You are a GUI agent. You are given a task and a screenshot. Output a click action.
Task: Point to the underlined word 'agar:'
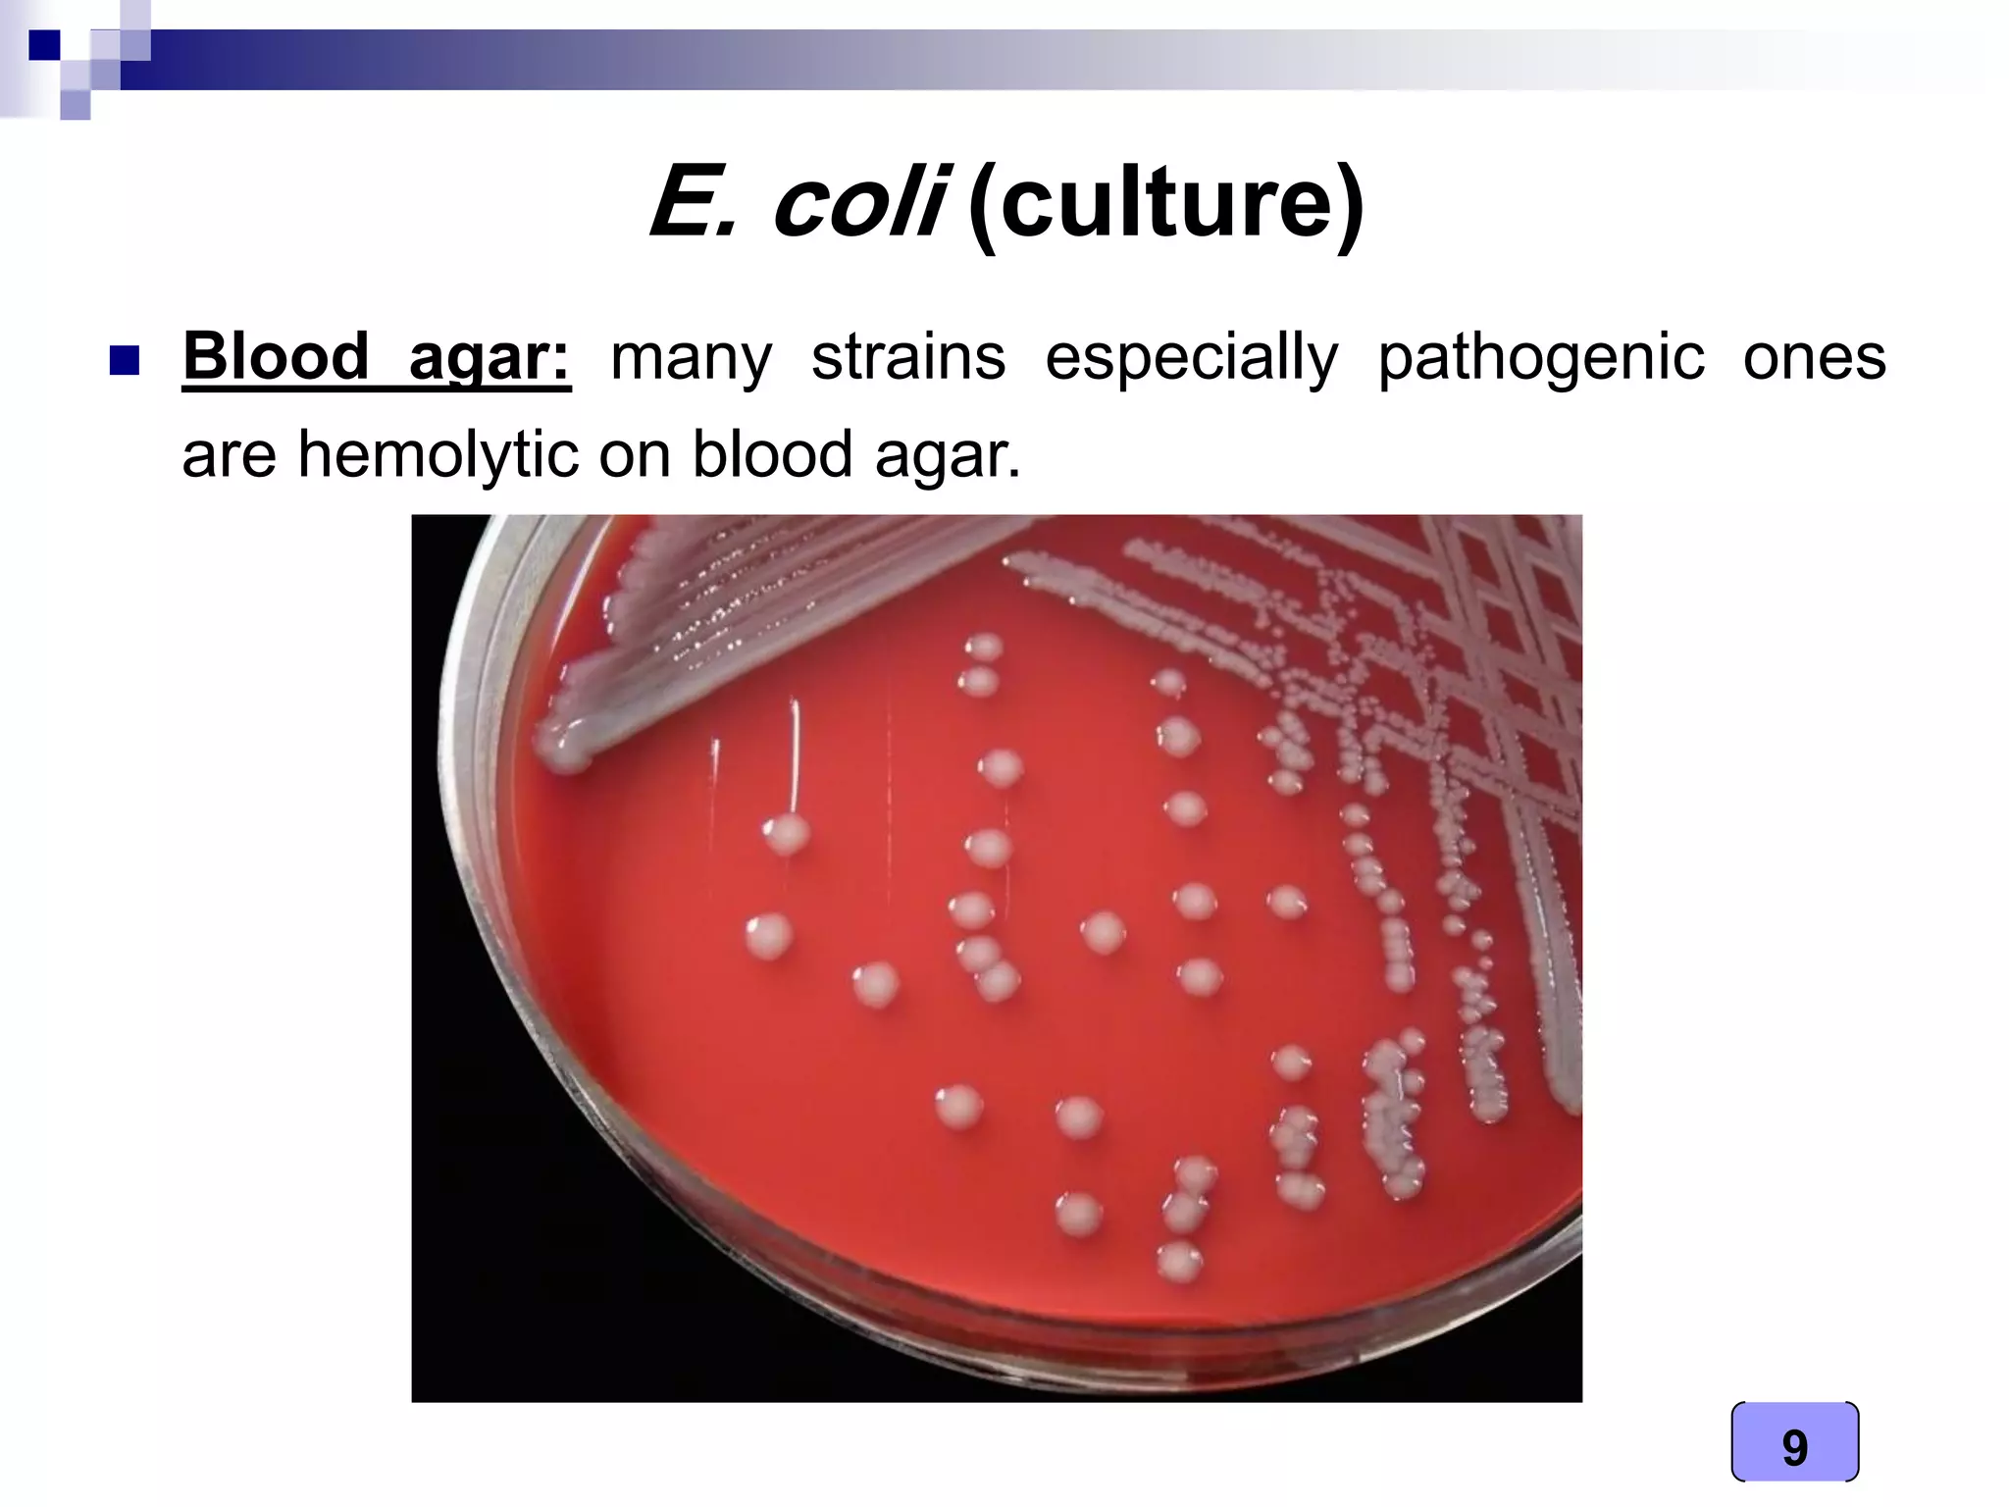click(x=489, y=359)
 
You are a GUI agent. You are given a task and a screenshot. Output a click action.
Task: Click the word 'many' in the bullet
click(x=691, y=359)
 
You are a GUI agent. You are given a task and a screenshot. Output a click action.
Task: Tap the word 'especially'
click(x=1191, y=359)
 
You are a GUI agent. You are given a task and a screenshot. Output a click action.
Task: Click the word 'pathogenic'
click(x=1541, y=359)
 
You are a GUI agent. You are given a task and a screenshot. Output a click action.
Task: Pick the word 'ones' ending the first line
click(x=1814, y=357)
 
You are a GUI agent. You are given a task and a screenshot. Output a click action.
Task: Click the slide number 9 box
click(x=1794, y=1447)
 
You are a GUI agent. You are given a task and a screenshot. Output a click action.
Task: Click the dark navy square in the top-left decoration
click(x=44, y=46)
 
